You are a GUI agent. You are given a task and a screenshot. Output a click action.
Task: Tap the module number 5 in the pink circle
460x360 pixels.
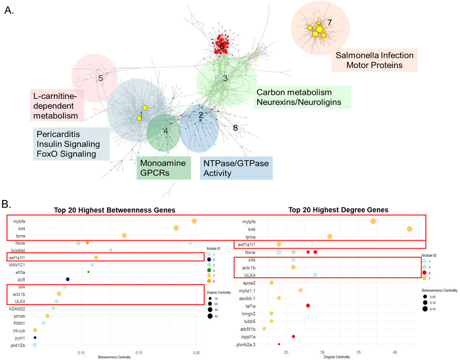click(100, 79)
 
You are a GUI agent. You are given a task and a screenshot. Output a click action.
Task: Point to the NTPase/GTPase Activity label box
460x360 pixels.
click(236, 168)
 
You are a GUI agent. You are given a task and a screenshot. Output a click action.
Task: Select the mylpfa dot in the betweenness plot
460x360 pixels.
click(194, 221)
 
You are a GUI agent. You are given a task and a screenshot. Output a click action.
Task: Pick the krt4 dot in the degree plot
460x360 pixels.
click(409, 229)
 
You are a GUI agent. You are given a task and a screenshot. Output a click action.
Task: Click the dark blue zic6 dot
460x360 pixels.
click(67, 279)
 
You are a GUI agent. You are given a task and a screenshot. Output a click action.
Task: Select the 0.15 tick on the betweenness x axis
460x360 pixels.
click(139, 352)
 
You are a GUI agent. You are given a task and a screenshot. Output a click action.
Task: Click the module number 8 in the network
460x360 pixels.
click(235, 128)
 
